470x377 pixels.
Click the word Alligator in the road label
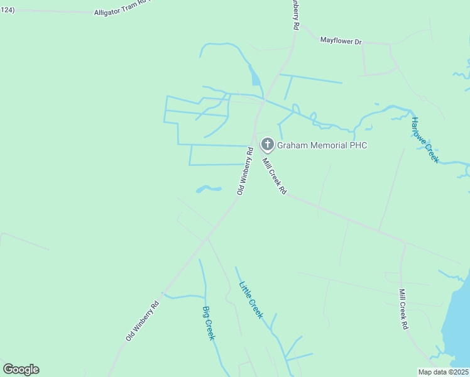(x=111, y=12)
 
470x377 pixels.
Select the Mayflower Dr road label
(x=341, y=41)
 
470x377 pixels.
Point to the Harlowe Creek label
(x=424, y=140)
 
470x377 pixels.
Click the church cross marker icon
(x=268, y=145)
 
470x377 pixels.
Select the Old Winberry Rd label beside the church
(x=244, y=170)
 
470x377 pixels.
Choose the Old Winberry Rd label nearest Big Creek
(x=142, y=320)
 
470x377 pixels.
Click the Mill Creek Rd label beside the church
(x=274, y=176)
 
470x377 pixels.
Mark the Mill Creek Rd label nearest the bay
(x=403, y=309)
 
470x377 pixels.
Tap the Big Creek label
(x=209, y=323)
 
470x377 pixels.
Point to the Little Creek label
(x=251, y=300)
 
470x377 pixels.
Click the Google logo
(x=21, y=369)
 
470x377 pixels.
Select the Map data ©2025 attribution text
(x=443, y=372)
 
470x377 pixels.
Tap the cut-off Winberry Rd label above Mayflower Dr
(x=295, y=14)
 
